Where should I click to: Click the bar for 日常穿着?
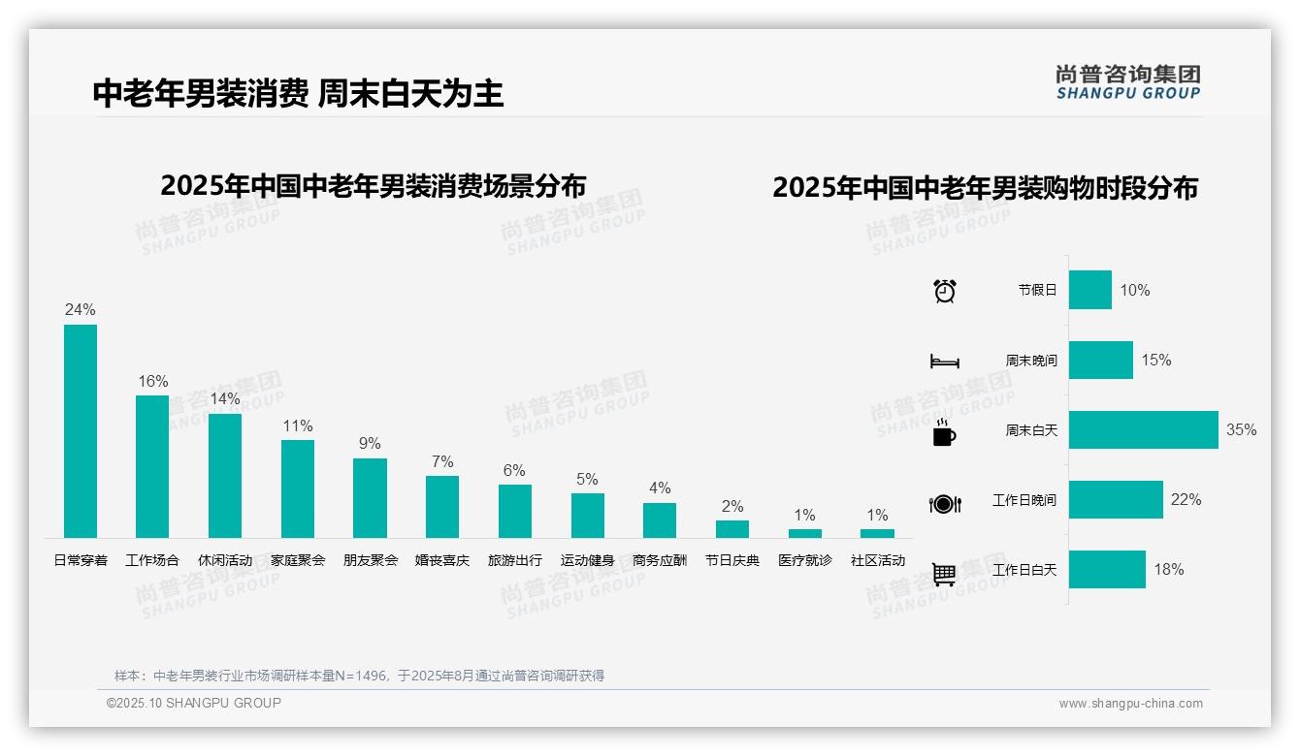(x=81, y=430)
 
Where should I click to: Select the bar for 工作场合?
(x=152, y=466)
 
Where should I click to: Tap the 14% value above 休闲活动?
(x=225, y=398)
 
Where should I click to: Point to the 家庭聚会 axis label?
(x=298, y=560)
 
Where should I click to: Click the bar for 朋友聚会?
(x=370, y=497)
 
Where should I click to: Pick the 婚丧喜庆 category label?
(x=442, y=560)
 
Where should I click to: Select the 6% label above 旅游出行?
(x=514, y=470)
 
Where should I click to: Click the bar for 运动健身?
(x=587, y=515)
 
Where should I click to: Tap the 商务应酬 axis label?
(x=660, y=560)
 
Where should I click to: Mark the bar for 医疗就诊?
(x=804, y=533)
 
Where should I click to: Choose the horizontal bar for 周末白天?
(x=1143, y=429)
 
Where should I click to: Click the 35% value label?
(x=1241, y=429)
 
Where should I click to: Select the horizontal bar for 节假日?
(x=1089, y=290)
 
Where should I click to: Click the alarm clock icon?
(x=944, y=290)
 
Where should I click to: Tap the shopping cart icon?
(x=944, y=574)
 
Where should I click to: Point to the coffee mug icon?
(x=944, y=433)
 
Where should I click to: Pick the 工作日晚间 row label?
(x=1024, y=500)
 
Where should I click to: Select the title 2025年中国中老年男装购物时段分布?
(x=985, y=187)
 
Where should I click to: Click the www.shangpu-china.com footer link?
(x=1130, y=704)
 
